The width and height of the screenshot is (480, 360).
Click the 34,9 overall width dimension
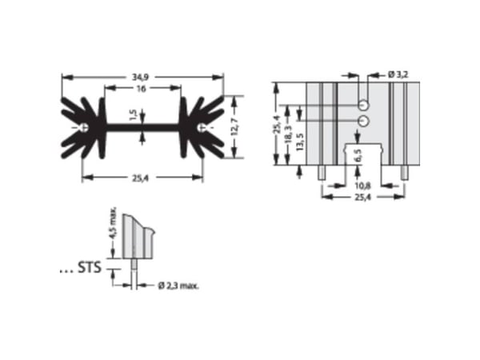[140, 77]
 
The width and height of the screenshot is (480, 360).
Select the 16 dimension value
[141, 89]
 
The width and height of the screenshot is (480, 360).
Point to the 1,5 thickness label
[133, 114]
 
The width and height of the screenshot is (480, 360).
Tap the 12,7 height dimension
[234, 126]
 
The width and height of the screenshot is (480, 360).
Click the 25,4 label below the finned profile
[140, 178]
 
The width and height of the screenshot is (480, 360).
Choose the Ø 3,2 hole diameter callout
[398, 74]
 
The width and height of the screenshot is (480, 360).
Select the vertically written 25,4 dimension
[277, 124]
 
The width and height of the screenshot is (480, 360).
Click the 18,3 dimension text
[288, 134]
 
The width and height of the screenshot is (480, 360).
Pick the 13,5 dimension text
[300, 142]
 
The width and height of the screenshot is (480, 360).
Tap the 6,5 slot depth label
[358, 156]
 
